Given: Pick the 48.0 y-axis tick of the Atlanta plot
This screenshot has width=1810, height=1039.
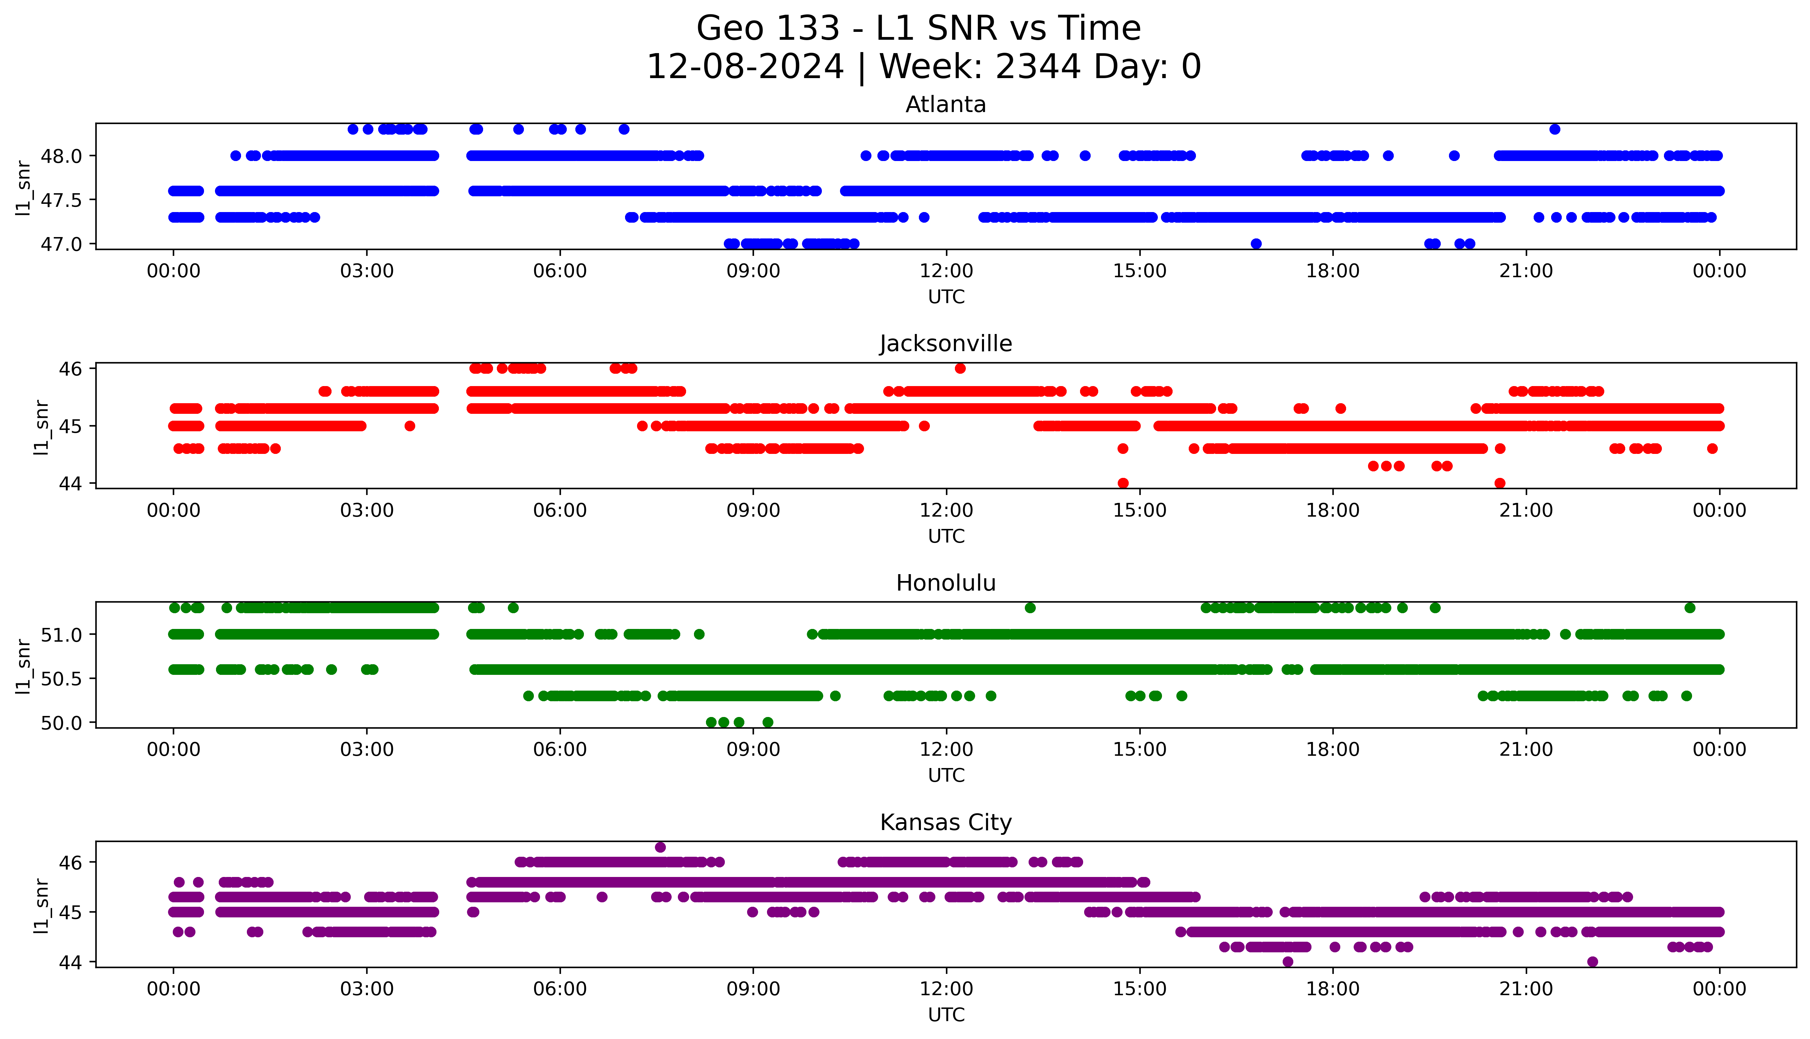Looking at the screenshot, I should pos(62,156).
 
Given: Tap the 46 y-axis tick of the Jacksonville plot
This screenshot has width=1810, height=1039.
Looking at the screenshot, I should pos(71,368).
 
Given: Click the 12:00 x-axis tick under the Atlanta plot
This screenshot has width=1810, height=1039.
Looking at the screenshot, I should pos(946,271).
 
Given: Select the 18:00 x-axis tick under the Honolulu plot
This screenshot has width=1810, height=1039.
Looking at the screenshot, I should pos(1332,750).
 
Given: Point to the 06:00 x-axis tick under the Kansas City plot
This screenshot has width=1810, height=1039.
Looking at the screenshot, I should pos(560,989).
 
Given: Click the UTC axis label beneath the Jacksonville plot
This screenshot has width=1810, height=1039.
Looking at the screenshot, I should pos(946,536).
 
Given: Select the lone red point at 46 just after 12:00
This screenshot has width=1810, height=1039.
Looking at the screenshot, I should pos(960,368).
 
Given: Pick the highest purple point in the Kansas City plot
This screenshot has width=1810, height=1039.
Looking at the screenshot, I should pos(660,847).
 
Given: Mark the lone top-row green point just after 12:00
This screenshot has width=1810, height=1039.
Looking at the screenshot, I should pos(1030,608).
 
